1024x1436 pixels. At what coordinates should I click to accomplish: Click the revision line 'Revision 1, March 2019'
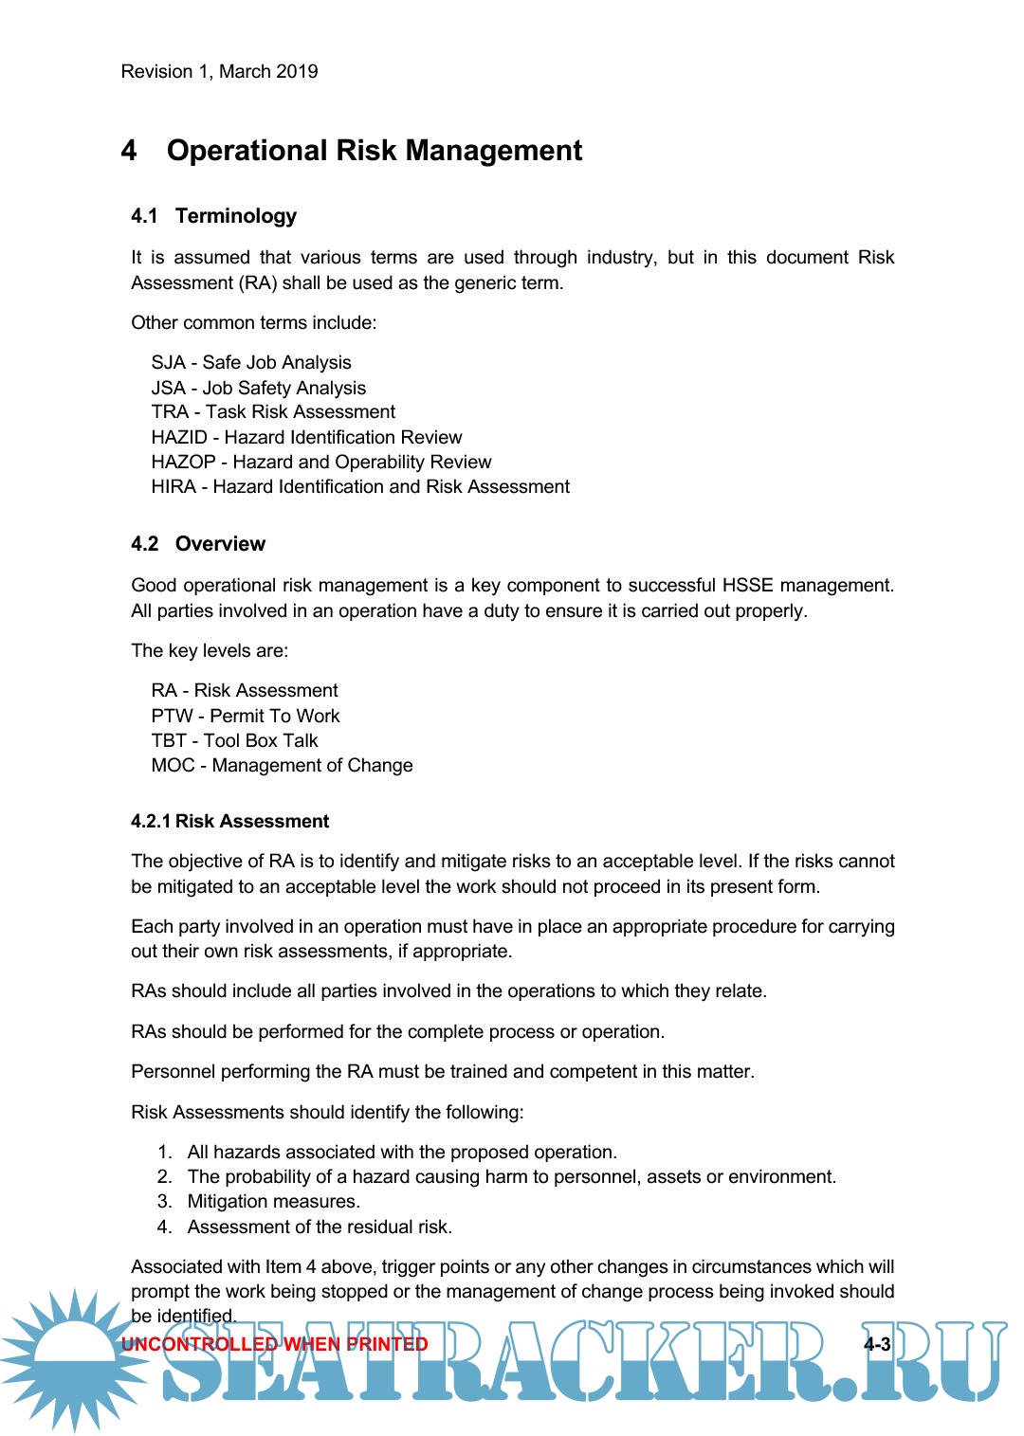[x=219, y=72]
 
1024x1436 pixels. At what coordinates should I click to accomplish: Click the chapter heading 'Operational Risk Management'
[x=375, y=151]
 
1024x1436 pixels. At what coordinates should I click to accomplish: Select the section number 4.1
[x=144, y=216]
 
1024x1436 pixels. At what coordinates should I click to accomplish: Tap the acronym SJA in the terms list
[x=168, y=363]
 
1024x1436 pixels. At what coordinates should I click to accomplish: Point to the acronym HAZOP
[x=183, y=463]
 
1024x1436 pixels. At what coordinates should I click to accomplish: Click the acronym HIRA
[x=174, y=487]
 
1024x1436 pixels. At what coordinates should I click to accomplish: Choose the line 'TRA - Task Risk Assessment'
[x=273, y=412]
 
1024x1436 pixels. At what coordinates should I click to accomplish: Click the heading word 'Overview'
[x=220, y=544]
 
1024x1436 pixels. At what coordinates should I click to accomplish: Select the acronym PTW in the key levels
[x=172, y=717]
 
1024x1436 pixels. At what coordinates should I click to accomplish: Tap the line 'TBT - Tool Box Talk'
[x=234, y=741]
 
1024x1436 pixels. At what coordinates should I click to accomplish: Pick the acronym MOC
[x=173, y=766]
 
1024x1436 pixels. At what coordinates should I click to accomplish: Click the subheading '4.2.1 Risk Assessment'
[x=230, y=822]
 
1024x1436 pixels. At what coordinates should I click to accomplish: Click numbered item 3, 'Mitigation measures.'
[x=273, y=1202]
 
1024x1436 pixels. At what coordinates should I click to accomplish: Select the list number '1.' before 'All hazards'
[x=165, y=1153]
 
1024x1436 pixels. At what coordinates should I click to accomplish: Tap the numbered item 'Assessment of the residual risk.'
[x=320, y=1227]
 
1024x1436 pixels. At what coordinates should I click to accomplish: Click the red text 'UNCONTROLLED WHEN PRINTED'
[x=275, y=1344]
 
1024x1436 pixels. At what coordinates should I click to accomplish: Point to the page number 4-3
[x=876, y=1344]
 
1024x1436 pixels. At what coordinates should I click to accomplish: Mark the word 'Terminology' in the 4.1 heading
[x=236, y=216]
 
